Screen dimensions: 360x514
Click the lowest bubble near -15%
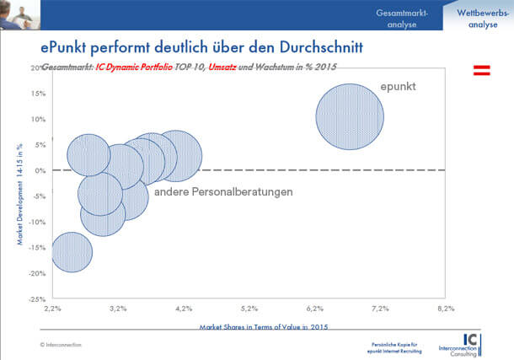pyautogui.click(x=72, y=251)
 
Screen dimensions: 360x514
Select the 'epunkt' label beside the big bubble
pyautogui.click(x=399, y=87)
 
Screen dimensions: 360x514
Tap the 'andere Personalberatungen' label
pyautogui.click(x=224, y=192)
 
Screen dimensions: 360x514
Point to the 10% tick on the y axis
pyautogui.click(x=38, y=119)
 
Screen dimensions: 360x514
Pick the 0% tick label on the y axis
pyautogui.click(x=40, y=170)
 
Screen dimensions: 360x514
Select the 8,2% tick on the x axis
pyautogui.click(x=446, y=309)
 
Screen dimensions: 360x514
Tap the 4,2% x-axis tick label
pyautogui.click(x=183, y=309)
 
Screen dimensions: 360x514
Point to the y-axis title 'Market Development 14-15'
pyautogui.click(x=19, y=194)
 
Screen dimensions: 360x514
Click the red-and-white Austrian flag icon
pyautogui.click(x=481, y=70)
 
